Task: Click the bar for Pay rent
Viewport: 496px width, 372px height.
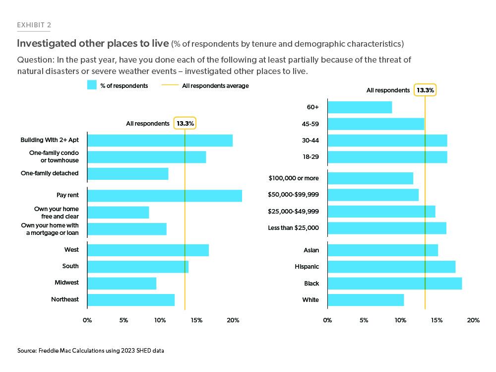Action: pyautogui.click(x=165, y=196)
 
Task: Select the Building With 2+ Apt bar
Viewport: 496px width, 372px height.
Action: pyautogui.click(x=160, y=141)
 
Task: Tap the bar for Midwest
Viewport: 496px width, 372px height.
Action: pyautogui.click(x=122, y=283)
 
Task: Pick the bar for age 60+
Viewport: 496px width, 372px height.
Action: pyautogui.click(x=360, y=107)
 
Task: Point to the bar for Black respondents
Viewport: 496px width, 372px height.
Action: pyautogui.click(x=395, y=284)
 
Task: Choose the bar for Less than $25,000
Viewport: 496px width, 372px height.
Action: pyautogui.click(x=387, y=228)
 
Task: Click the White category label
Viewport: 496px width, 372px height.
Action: pyautogui.click(x=310, y=300)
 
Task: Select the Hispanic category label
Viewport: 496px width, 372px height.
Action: pyautogui.click(x=307, y=267)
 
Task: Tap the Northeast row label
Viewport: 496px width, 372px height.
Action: pyautogui.click(x=64, y=299)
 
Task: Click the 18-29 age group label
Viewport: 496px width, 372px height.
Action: pyautogui.click(x=310, y=157)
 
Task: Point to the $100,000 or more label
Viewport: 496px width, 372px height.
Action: pyautogui.click(x=294, y=178)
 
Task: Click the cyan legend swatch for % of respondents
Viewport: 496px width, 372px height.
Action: pyautogui.click(x=91, y=85)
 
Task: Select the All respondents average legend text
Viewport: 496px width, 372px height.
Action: pyautogui.click(x=215, y=86)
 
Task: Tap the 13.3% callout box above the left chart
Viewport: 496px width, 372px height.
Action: pyautogui.click(x=185, y=123)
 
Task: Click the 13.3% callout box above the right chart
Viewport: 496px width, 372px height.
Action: pyautogui.click(x=425, y=90)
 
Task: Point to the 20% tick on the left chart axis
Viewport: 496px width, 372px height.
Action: pyautogui.click(x=234, y=320)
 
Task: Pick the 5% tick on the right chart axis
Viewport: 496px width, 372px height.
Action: pyautogui.click(x=364, y=320)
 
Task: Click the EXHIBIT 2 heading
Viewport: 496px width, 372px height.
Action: pyautogui.click(x=34, y=25)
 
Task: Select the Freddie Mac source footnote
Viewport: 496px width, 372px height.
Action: pyautogui.click(x=90, y=351)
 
